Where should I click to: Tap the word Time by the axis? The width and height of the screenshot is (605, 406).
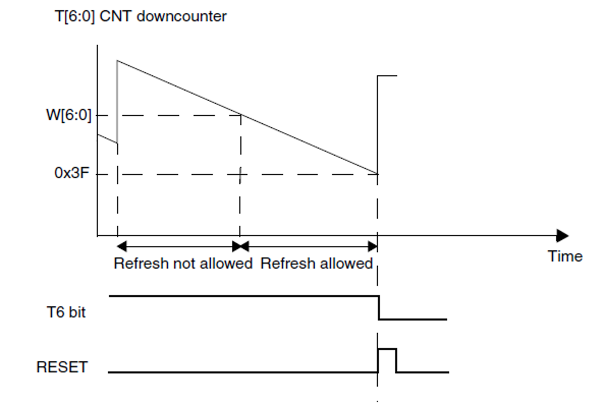pyautogui.click(x=565, y=256)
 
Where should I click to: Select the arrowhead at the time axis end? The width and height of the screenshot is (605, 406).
pyautogui.click(x=562, y=236)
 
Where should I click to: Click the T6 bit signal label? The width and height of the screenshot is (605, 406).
pyautogui.click(x=66, y=312)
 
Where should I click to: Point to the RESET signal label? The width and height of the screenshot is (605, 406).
pyautogui.click(x=62, y=367)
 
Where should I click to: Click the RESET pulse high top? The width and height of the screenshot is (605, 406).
pyautogui.click(x=387, y=349)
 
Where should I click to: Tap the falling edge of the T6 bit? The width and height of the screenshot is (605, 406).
pyautogui.click(x=378, y=307)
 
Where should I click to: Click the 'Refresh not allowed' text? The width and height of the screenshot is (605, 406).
pyautogui.click(x=183, y=264)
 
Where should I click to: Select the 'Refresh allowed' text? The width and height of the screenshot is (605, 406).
pyautogui.click(x=316, y=264)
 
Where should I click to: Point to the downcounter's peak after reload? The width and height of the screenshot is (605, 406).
pyautogui.click(x=118, y=61)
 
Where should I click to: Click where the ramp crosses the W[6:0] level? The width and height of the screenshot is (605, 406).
pyautogui.click(x=240, y=115)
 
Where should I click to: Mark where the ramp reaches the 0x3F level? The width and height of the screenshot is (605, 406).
pyautogui.click(x=377, y=174)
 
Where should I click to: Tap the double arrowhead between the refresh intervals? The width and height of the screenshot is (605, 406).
pyautogui.click(x=240, y=246)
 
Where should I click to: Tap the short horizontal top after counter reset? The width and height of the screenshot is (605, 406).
pyautogui.click(x=387, y=76)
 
